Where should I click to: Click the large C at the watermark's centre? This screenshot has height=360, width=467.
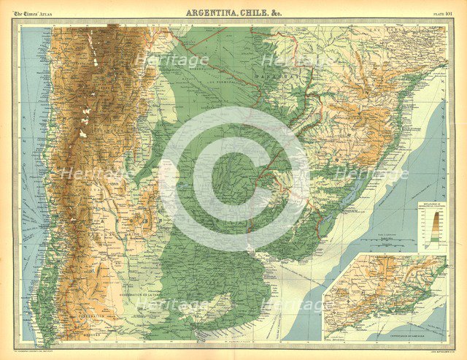[x=233, y=178]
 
